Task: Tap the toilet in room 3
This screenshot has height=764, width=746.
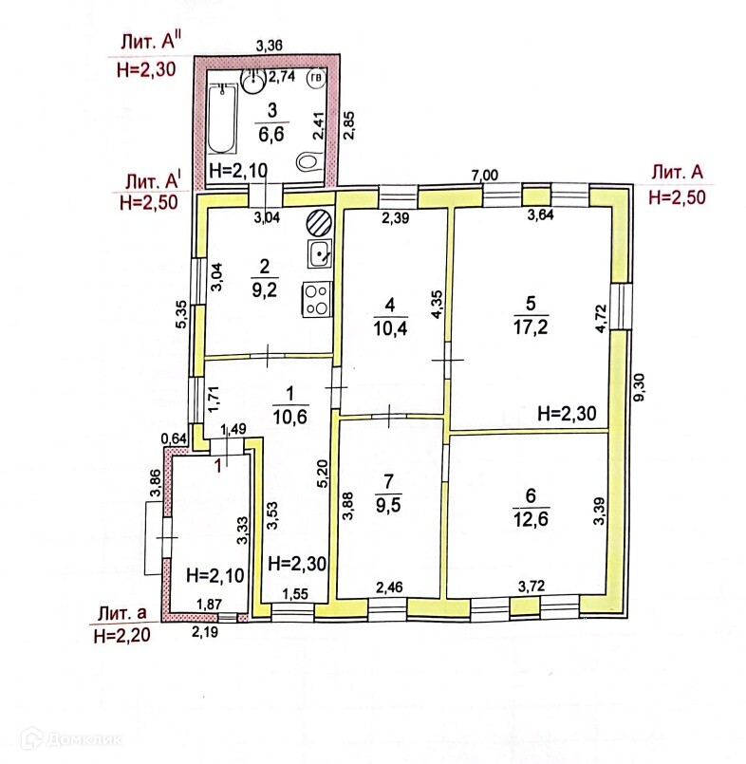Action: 308,163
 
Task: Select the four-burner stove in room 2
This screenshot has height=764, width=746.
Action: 318,300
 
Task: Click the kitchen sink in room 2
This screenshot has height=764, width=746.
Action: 319,253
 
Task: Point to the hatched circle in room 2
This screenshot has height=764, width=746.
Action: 319,222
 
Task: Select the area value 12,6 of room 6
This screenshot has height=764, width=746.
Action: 531,517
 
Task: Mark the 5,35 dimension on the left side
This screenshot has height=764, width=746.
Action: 180,315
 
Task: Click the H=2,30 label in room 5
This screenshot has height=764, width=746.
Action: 567,413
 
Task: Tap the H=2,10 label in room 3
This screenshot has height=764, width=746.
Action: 237,171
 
